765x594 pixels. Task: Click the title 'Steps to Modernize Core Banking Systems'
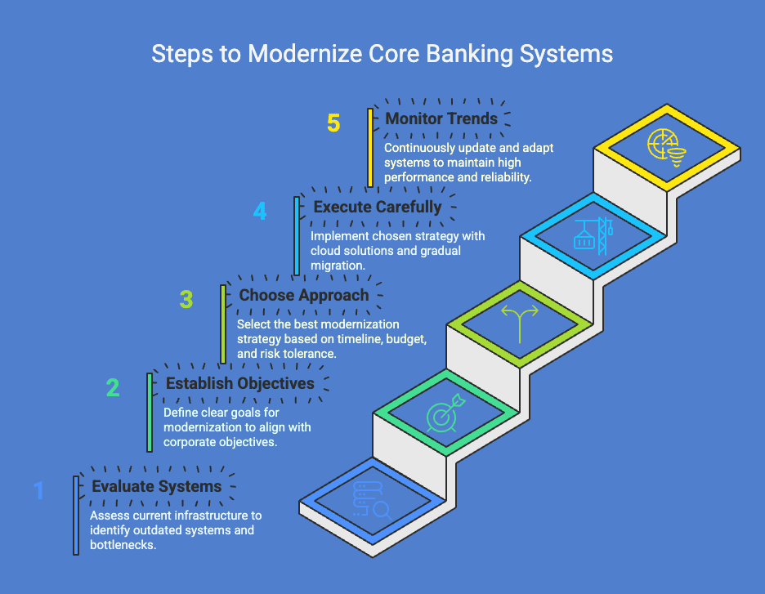tap(382, 54)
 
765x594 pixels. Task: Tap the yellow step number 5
tap(333, 123)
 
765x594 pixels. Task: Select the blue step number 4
tap(260, 212)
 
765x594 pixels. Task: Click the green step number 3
tap(186, 300)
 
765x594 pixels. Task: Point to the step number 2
tap(113, 387)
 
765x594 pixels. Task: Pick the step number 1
tap(38, 490)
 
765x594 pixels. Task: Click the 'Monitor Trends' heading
tap(441, 118)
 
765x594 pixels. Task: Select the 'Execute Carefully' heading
tap(378, 207)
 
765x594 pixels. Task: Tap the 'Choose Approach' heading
tap(303, 295)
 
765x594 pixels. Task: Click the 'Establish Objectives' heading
tap(239, 383)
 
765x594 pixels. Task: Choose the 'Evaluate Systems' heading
tap(156, 486)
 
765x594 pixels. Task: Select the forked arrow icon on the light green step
tap(520, 320)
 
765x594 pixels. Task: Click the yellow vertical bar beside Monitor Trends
tap(370, 147)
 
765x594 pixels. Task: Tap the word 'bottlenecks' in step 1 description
tap(123, 544)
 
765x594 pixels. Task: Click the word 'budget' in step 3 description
tap(401, 338)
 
